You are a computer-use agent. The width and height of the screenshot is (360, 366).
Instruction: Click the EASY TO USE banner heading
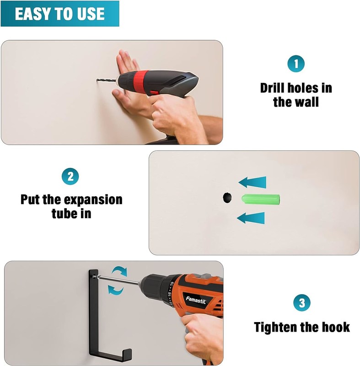coord(60,14)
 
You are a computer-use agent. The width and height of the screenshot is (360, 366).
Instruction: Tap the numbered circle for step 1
coord(296,64)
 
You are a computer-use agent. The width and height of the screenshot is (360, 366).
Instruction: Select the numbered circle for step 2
coord(70,176)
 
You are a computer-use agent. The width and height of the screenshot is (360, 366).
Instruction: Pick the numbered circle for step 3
coord(302,303)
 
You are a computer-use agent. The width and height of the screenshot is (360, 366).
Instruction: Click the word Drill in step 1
coord(272,88)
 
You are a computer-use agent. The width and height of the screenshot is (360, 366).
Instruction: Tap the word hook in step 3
coord(336,327)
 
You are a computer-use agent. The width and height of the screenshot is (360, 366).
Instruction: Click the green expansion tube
coord(261,199)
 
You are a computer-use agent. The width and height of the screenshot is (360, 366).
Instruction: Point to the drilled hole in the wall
coord(227,198)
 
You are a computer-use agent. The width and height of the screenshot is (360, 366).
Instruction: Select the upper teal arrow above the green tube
coord(253,182)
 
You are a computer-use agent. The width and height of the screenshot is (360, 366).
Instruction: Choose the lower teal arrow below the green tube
coord(251,218)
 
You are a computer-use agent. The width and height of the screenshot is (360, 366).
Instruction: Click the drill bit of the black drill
coord(107,81)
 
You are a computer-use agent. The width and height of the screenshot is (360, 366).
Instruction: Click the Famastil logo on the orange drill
coord(196,300)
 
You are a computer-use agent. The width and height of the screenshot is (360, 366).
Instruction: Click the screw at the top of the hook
coord(94,277)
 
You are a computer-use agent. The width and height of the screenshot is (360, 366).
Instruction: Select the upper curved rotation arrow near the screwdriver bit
coord(119,271)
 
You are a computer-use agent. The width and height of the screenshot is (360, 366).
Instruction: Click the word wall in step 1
coord(307,102)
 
